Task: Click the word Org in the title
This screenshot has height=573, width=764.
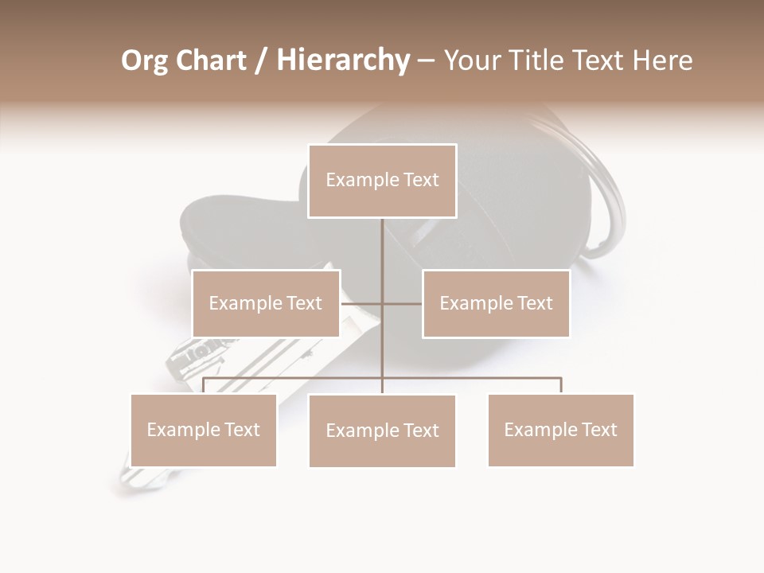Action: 146,61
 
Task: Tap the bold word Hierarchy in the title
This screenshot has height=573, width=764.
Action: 343,61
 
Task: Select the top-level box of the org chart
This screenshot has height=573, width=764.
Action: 382,181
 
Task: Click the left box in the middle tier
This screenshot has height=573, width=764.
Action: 266,303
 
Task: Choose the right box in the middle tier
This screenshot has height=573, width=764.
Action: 496,303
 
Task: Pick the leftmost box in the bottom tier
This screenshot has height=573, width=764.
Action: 203,430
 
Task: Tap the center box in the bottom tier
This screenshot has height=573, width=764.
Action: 382,431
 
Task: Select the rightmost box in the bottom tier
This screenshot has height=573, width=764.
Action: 560,430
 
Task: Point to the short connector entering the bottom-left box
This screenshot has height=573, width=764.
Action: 203,385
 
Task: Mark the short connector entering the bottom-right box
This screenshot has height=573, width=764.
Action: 561,385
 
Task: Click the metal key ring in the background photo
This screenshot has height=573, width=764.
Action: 613,199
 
